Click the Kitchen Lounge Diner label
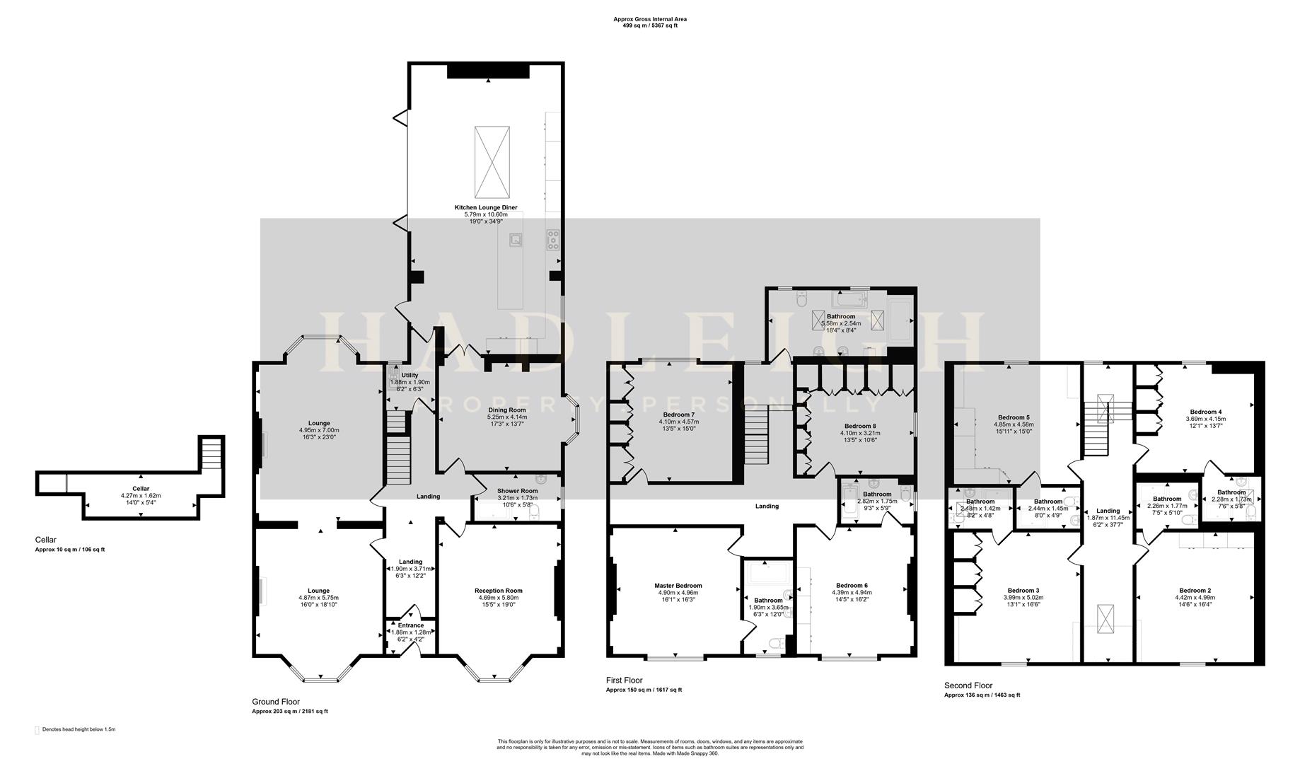point(485,207)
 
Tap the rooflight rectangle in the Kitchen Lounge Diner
point(492,162)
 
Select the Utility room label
point(410,376)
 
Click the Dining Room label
point(507,410)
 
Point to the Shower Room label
point(518,491)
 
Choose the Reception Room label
point(499,591)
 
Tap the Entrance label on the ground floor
point(411,625)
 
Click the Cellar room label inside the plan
point(141,489)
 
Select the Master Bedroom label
point(678,586)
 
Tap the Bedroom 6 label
point(852,586)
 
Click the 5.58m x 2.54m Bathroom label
point(841,317)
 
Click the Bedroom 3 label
point(1023,591)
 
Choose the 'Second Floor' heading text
point(968,685)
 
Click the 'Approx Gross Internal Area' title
point(649,19)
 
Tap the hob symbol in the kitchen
point(552,241)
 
